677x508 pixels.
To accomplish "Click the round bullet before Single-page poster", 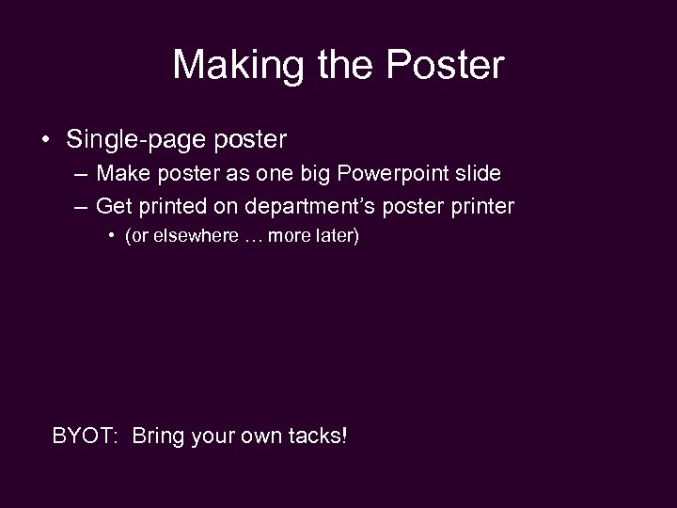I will point(45,141).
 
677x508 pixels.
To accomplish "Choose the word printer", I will point(482,205).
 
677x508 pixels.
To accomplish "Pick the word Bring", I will point(159,437).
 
